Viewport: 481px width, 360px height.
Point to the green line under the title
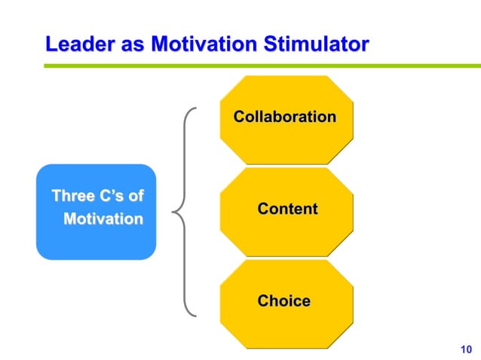256,66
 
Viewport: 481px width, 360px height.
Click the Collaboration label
285,117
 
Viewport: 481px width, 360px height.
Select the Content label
287,209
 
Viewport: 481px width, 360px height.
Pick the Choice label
283,301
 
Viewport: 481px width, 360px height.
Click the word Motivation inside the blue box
103,220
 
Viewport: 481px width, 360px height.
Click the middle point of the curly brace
176,212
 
